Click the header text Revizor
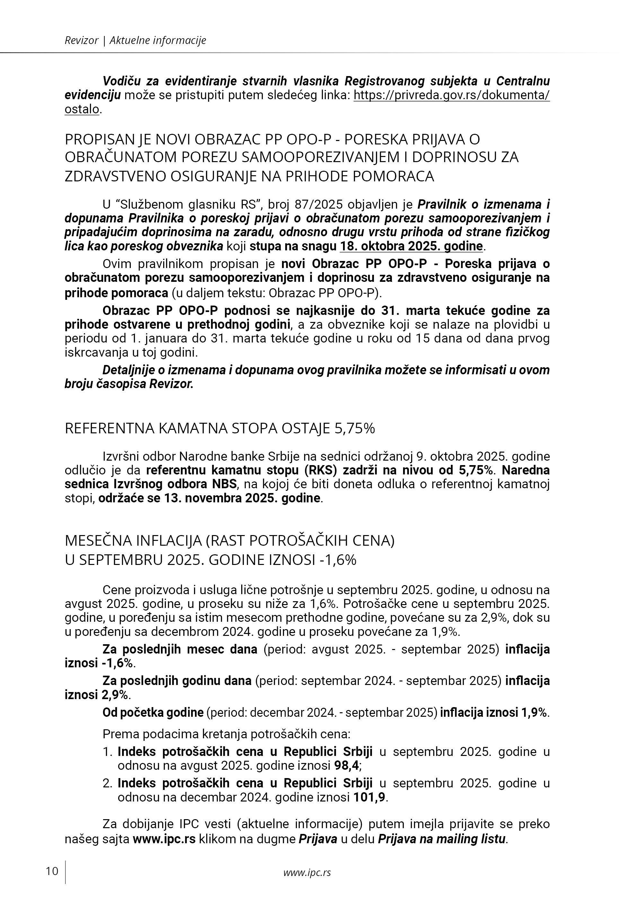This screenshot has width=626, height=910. (x=81, y=40)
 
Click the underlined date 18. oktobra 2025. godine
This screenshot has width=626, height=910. (x=411, y=246)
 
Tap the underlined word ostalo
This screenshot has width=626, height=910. (x=82, y=109)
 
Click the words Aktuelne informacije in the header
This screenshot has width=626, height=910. (x=158, y=40)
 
